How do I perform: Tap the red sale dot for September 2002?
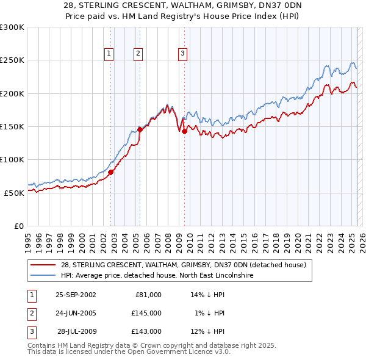pyautogui.click(x=111, y=172)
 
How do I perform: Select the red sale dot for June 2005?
pyautogui.click(x=140, y=129)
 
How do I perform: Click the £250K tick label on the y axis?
pyautogui.click(x=12, y=60)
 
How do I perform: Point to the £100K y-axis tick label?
pyautogui.click(x=12, y=159)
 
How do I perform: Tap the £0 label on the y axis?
pyautogui.click(x=19, y=226)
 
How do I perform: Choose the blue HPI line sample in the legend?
pyautogui.click(x=43, y=275)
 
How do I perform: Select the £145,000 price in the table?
pyautogui.click(x=146, y=313)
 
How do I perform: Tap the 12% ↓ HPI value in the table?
pyautogui.click(x=208, y=331)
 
